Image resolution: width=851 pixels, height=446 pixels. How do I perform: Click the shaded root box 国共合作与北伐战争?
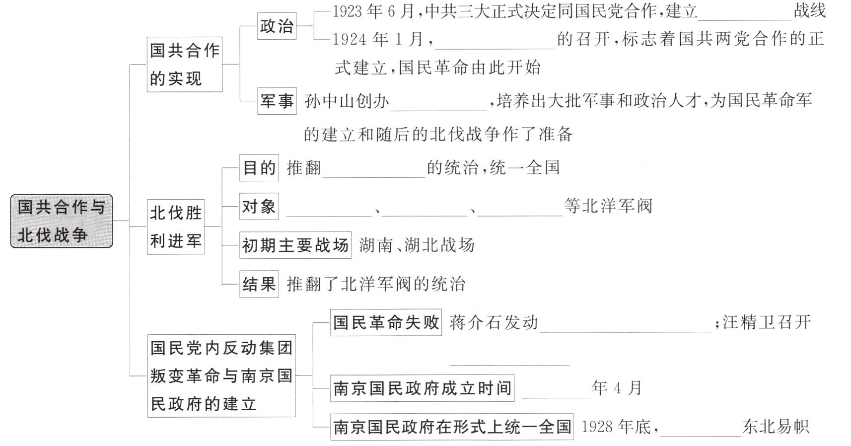coord(62,221)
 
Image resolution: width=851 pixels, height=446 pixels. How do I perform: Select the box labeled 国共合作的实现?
coord(185,64)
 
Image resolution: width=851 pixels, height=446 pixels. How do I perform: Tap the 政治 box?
coord(277,26)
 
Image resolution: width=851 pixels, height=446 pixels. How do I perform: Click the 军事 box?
coord(277,101)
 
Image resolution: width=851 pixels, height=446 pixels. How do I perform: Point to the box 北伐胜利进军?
coord(176,227)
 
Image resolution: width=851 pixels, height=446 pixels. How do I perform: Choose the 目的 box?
coord(259,168)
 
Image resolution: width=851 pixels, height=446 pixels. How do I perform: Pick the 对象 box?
coord(259,206)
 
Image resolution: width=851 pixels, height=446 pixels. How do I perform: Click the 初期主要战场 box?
coord(295,245)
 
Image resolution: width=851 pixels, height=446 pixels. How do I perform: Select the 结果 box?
coord(259,284)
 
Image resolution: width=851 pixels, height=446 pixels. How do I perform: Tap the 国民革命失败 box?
coord(386,322)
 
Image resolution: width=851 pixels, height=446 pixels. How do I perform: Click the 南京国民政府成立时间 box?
coord(422,388)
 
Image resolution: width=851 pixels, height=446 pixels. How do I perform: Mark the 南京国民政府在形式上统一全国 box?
coord(452,427)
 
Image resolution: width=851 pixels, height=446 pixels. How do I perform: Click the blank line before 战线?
coord(745,15)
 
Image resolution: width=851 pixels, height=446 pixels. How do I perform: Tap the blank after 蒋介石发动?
coord(626,326)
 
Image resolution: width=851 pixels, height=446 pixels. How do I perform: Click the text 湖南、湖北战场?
coord(417,245)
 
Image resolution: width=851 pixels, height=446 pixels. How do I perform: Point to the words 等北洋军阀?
coord(608,206)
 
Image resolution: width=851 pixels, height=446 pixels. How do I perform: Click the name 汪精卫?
coord(749,322)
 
